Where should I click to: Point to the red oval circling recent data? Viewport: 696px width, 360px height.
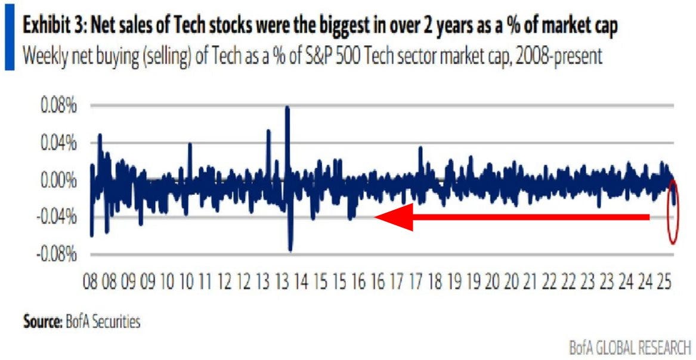673,212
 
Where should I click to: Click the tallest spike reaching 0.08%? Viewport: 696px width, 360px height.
287,108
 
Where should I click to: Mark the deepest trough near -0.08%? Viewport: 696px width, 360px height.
290,250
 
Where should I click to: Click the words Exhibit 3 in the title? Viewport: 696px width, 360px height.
52,28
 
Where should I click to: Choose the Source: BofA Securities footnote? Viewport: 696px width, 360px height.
82,322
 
